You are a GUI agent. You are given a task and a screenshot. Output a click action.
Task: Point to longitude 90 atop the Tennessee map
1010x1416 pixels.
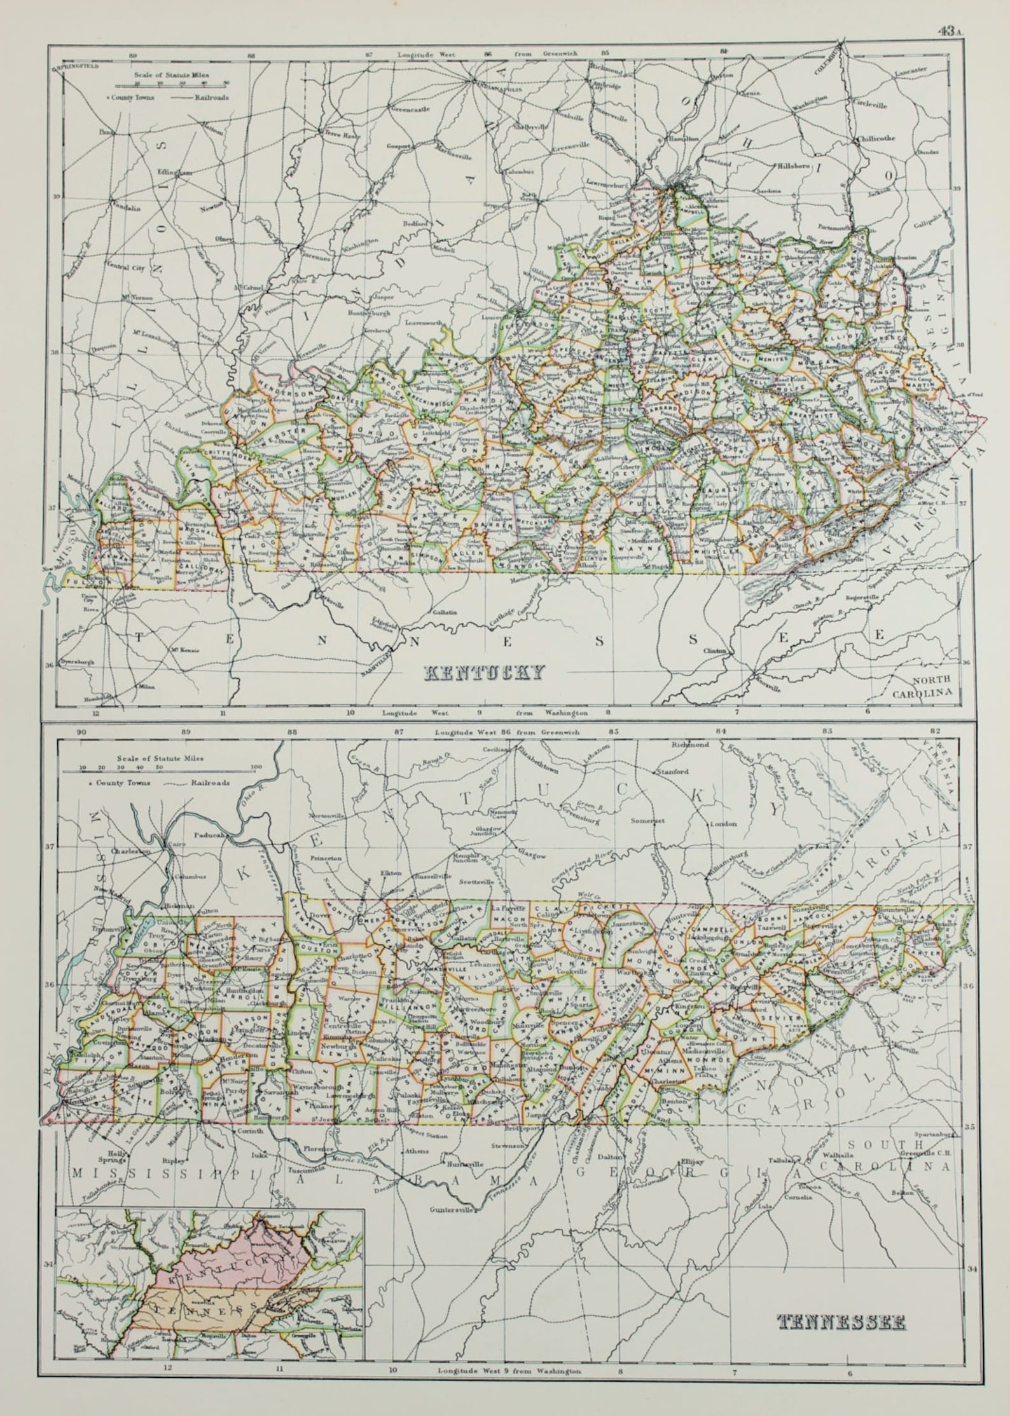(x=80, y=732)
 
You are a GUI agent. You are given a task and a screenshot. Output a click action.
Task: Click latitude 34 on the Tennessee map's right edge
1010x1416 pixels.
(x=971, y=1251)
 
